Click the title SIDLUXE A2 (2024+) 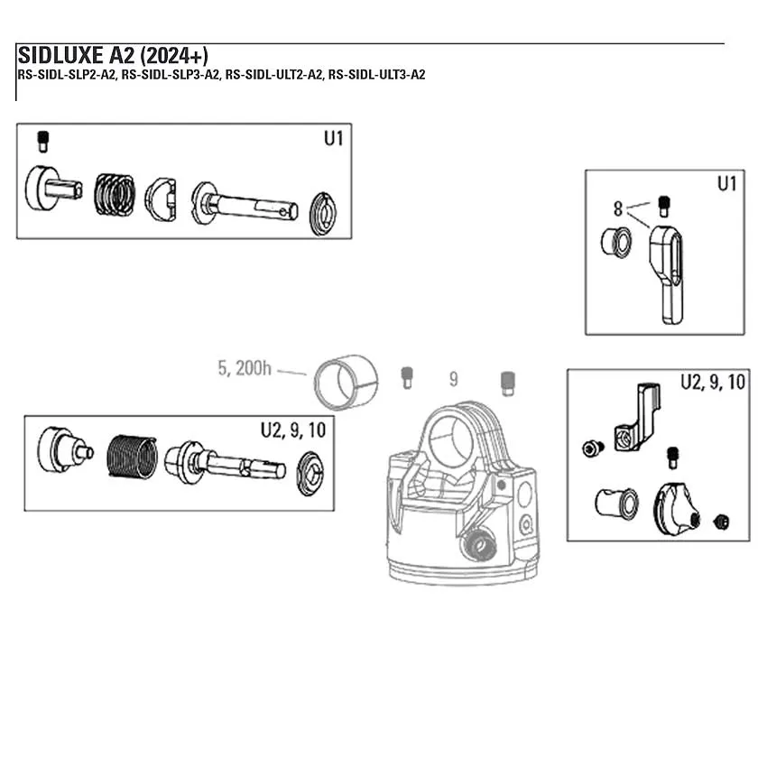pos(113,56)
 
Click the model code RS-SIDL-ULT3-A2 pos(376,75)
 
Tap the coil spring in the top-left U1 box pos(115,196)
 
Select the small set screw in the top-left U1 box pos(42,142)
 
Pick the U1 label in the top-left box pos(333,139)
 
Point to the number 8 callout pos(618,208)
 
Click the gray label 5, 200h pos(244,368)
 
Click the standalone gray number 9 pos(453,380)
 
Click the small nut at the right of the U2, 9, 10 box pos(721,522)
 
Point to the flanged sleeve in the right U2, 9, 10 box pos(615,504)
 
